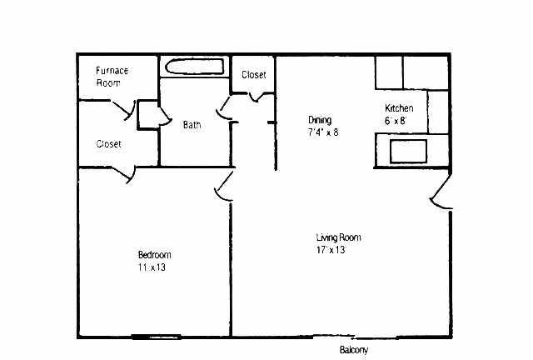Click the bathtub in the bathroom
[195, 67]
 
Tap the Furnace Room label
[112, 77]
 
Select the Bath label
[192, 125]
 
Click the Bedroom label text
[154, 254]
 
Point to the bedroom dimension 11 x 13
[152, 267]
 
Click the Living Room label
[338, 237]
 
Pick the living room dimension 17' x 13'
[331, 250]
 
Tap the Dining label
[320, 120]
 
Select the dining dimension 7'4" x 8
[323, 132]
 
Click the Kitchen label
[399, 108]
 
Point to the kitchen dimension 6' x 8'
[396, 121]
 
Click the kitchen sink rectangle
[408, 151]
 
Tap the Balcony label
[353, 350]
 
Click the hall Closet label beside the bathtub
[253, 74]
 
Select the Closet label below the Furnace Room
[108, 144]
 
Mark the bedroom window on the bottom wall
[156, 337]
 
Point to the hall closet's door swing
[257, 97]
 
